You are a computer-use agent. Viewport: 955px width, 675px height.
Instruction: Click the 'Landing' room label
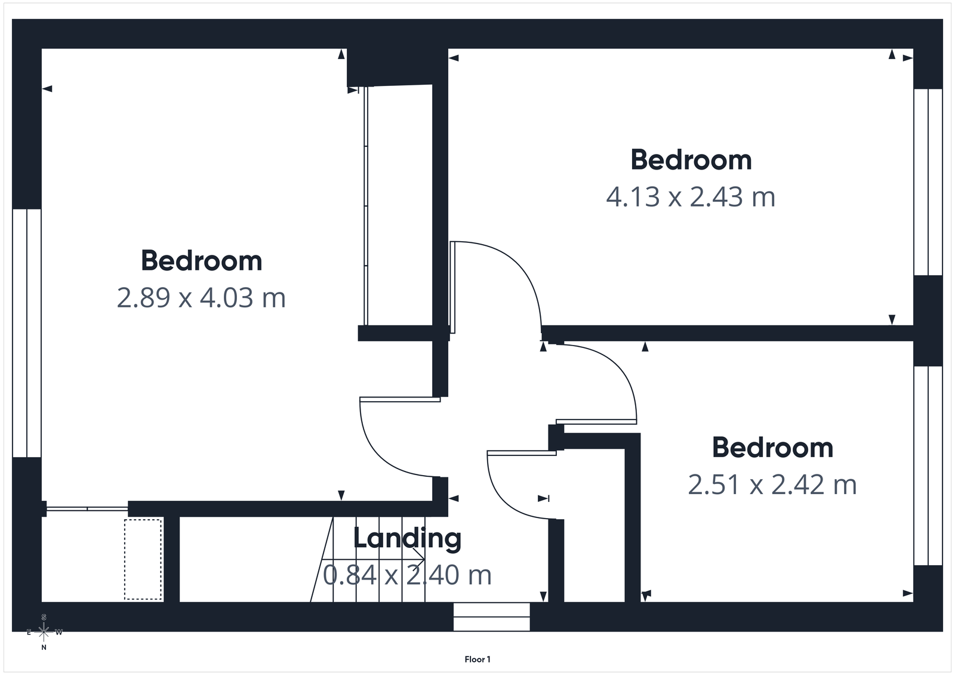[407, 538]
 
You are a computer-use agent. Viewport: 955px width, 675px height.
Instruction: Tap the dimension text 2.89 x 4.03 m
[201, 298]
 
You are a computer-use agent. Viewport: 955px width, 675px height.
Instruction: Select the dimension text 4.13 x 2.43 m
[691, 197]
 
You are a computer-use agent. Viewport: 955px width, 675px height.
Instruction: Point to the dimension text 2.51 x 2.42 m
[772, 485]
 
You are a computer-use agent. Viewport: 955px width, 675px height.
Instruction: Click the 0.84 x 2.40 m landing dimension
[407, 575]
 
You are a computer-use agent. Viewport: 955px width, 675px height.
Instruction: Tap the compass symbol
[44, 631]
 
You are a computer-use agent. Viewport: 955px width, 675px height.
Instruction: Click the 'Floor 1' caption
[478, 659]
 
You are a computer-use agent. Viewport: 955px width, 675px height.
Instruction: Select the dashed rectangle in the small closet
[143, 559]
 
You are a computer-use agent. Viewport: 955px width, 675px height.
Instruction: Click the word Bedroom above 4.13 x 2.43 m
[691, 160]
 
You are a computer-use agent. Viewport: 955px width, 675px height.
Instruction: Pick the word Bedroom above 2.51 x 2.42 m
[772, 448]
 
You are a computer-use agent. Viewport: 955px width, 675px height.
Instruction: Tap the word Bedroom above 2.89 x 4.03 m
[201, 261]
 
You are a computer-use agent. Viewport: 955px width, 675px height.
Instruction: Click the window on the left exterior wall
[27, 333]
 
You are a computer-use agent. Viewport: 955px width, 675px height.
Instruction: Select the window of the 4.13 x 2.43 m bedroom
[928, 182]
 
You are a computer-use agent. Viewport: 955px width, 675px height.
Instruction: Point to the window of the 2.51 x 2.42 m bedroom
[928, 466]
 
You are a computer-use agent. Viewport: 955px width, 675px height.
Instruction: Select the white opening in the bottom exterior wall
[491, 617]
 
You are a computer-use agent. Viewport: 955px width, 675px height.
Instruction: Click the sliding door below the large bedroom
[87, 508]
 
